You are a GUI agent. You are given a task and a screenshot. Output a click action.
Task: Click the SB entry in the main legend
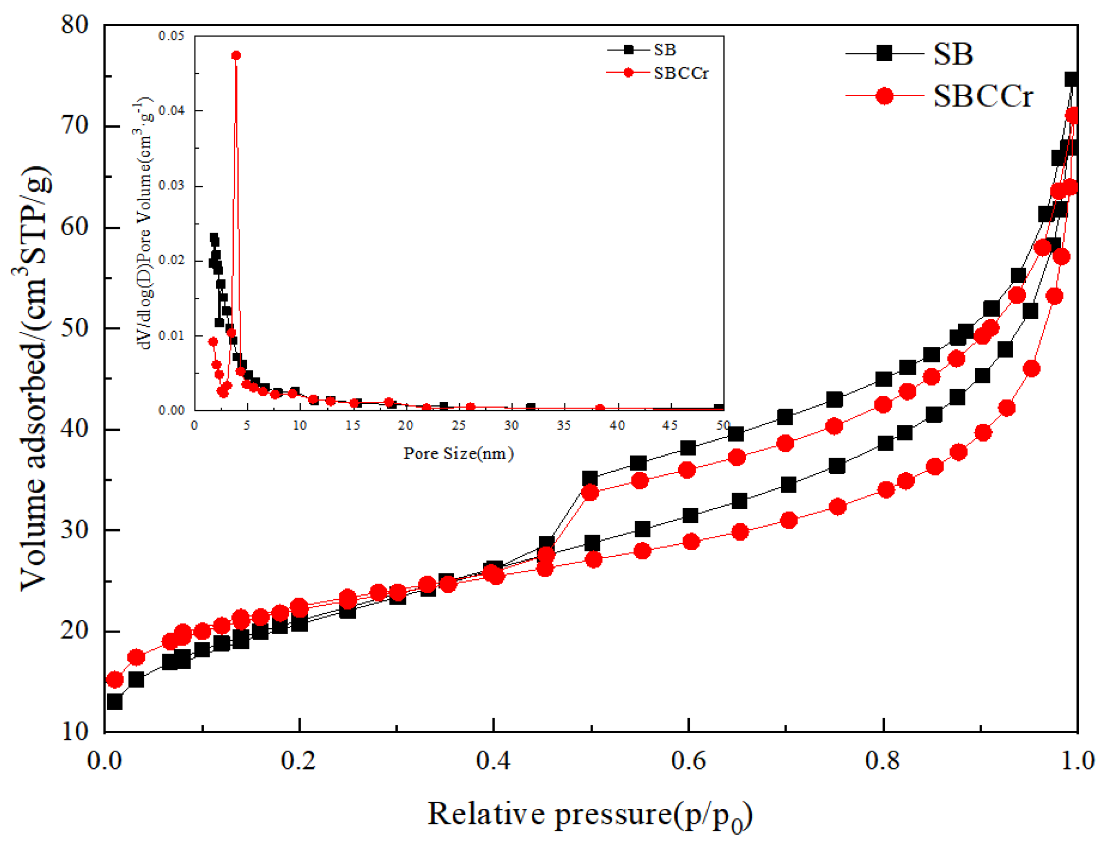click(x=952, y=53)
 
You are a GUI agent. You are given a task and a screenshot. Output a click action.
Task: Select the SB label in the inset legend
click(x=664, y=50)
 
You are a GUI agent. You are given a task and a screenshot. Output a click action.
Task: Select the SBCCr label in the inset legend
click(x=680, y=73)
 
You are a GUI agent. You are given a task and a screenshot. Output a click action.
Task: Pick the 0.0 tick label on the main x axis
click(x=105, y=761)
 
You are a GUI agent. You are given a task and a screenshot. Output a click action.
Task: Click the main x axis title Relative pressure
click(x=589, y=814)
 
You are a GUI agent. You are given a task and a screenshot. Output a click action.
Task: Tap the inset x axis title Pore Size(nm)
click(x=458, y=454)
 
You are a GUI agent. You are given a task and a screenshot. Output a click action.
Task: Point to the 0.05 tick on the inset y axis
click(x=172, y=36)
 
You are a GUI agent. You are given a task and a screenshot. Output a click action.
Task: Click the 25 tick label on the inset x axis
click(x=458, y=426)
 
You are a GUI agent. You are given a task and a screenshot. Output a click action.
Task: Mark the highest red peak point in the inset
click(x=236, y=55)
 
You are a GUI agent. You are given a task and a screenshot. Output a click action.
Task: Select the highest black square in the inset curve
click(x=214, y=237)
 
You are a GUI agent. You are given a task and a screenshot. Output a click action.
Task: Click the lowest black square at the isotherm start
click(x=115, y=702)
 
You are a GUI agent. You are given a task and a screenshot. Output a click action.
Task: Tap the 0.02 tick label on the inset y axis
click(x=172, y=260)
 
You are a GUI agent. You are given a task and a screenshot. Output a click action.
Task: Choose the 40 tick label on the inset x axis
click(x=616, y=426)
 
